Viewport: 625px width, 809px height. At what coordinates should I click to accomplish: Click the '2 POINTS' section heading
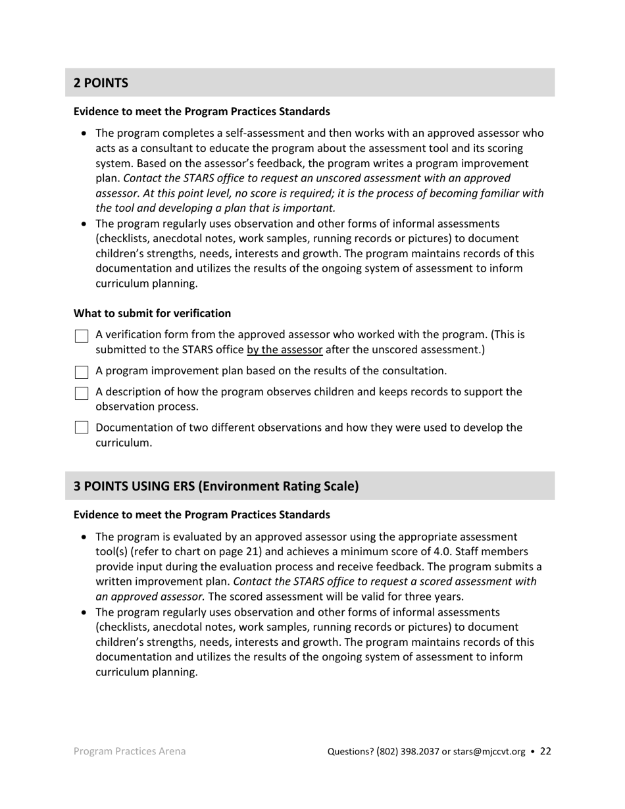tap(101, 83)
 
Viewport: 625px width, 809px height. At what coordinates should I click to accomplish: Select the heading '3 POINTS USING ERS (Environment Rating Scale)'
tap(216, 486)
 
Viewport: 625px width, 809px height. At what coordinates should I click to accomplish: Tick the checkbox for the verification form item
tap(81, 336)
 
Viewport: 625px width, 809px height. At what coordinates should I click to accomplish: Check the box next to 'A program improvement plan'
tap(81, 372)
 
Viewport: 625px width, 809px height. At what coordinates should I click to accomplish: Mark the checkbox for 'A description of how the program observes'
tap(81, 393)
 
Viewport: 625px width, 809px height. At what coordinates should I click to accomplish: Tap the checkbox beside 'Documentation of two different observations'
tap(81, 428)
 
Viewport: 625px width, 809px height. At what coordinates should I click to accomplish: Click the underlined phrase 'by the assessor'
tap(284, 350)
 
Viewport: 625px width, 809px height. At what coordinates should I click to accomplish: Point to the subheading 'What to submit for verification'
tap(152, 313)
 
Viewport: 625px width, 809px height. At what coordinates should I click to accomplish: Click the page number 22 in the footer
tap(545, 751)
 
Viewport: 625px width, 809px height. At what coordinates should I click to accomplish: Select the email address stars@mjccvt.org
tap(489, 752)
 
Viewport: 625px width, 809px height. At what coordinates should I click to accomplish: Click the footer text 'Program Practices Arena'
tap(130, 751)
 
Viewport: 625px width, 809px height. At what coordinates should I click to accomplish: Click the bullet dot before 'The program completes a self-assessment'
tap(84, 134)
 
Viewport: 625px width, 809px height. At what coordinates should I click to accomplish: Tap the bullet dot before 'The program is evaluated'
tap(84, 537)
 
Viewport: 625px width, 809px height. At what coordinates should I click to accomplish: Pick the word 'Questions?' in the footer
tap(351, 752)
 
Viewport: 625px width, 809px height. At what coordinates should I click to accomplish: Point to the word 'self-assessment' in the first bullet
tap(245, 133)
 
